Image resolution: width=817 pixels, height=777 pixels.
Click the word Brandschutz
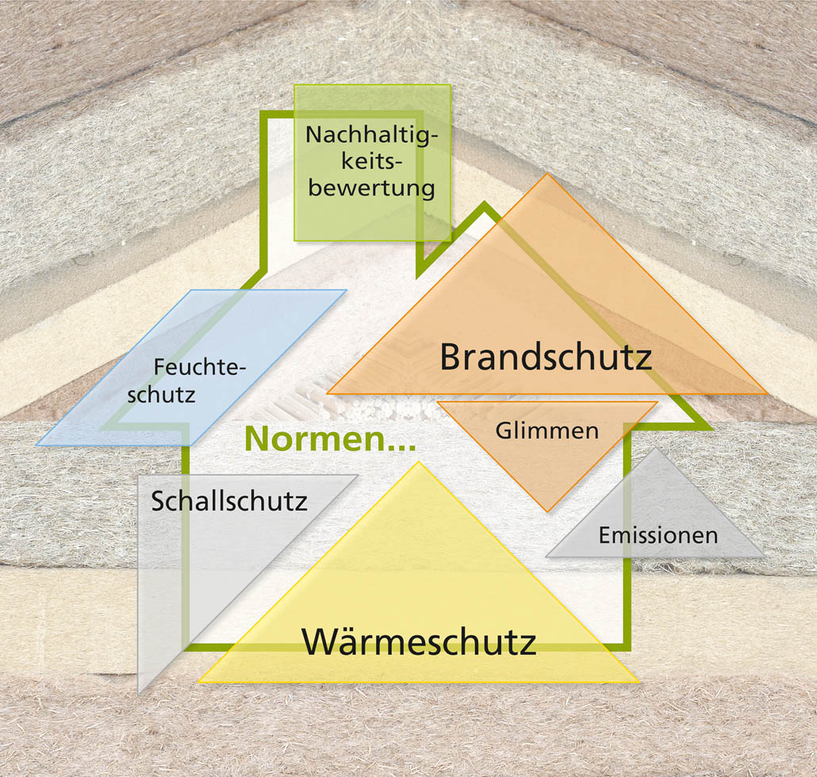point(546,358)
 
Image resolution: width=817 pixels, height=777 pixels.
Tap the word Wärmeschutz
point(419,641)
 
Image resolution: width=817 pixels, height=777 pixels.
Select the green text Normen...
point(330,438)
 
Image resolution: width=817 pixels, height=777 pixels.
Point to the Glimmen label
point(547,431)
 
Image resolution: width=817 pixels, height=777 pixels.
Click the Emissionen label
point(658,535)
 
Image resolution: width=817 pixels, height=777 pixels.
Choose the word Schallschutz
point(229,501)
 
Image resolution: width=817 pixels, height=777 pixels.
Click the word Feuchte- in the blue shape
point(199,367)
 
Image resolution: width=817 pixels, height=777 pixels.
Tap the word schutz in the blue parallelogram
point(161,396)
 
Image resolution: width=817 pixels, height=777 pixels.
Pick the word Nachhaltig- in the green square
point(371,135)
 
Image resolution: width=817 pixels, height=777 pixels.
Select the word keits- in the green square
point(371,162)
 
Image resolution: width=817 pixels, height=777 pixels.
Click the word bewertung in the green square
point(371,188)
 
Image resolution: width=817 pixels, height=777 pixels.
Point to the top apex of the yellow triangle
point(418,461)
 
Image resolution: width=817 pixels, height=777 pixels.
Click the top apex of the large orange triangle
point(547,174)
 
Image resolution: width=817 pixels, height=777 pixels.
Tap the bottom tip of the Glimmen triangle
point(547,511)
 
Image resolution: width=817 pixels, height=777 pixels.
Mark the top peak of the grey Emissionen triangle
point(655,448)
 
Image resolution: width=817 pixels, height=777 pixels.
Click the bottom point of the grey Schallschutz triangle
point(138,694)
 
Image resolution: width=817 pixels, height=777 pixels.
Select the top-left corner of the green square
point(294,85)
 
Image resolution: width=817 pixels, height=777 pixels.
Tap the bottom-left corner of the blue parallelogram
point(37,446)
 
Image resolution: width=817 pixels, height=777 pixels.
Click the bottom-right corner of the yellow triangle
point(639,682)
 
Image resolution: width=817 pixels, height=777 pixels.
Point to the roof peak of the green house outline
point(485,204)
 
